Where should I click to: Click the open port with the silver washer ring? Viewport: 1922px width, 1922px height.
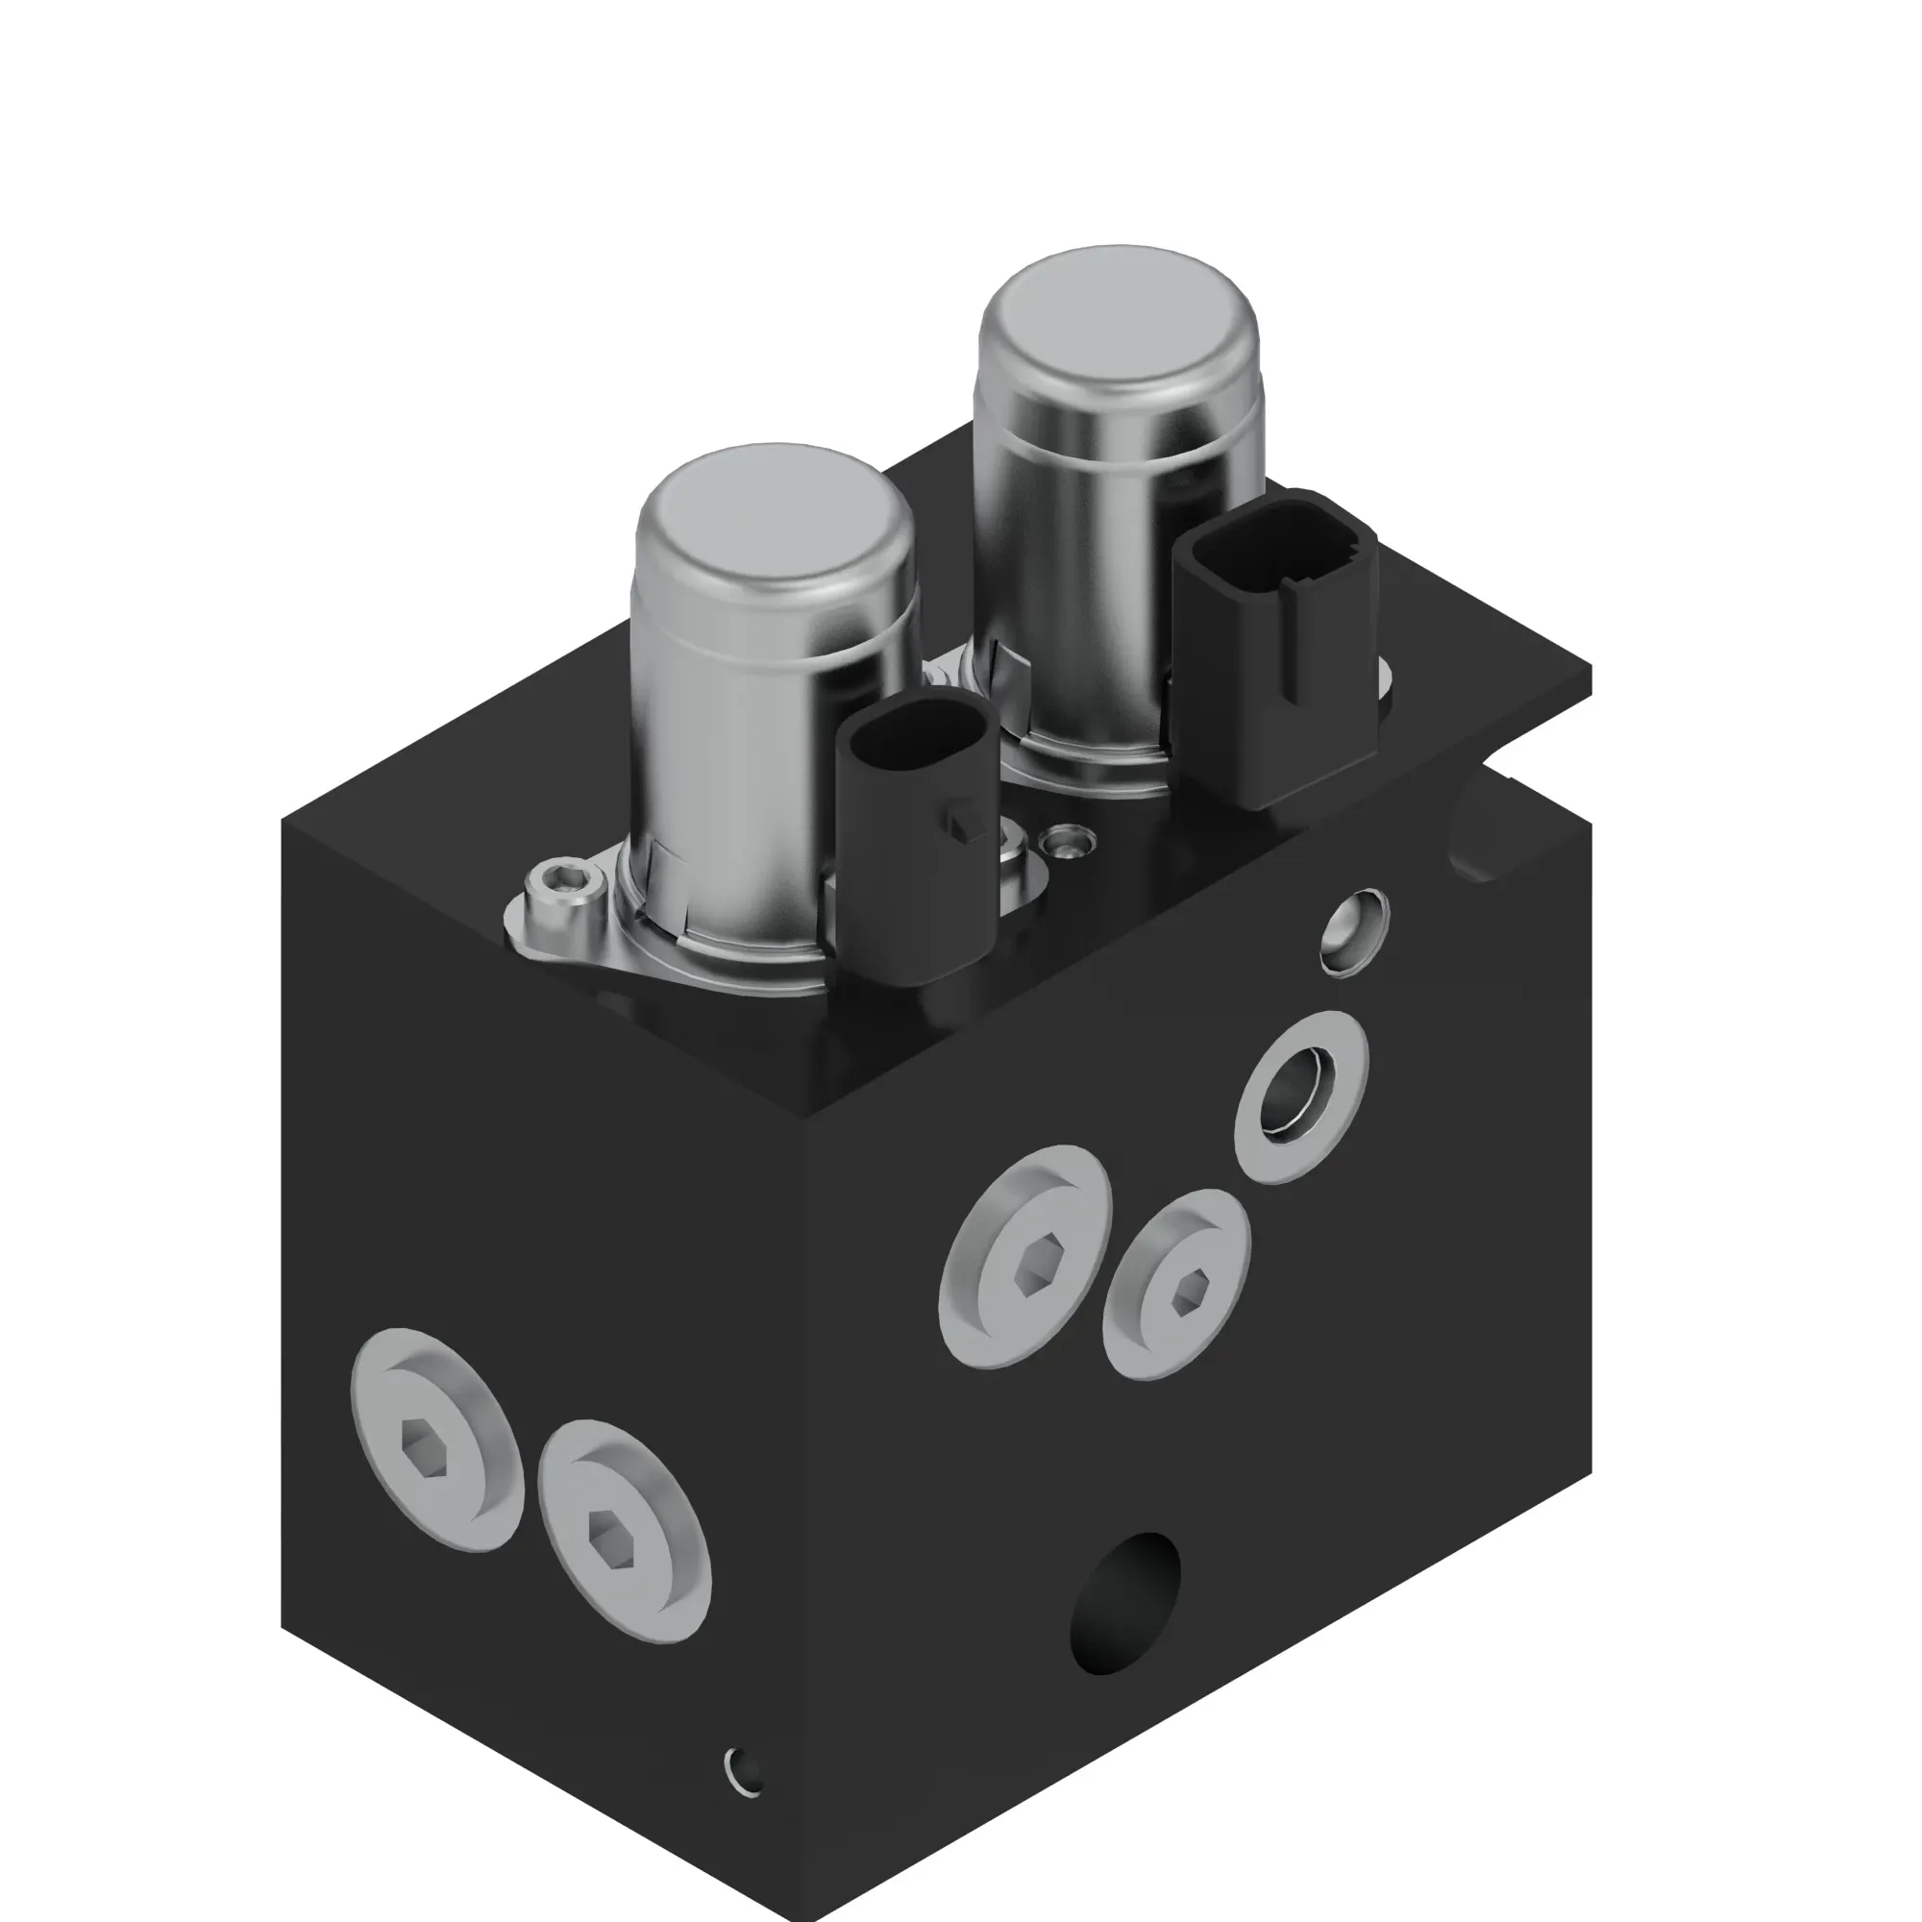click(x=1300, y=1097)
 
